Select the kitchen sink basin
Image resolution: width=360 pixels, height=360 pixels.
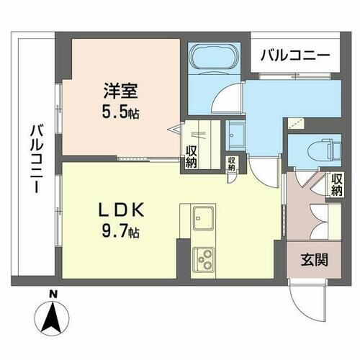tap(204, 216)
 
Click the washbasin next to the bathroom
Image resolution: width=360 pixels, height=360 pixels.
tap(235, 134)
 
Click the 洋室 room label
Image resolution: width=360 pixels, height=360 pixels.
tap(120, 93)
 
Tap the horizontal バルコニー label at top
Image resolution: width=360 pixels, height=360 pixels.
tap(295, 54)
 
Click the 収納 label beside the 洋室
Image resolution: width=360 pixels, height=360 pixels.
tap(192, 155)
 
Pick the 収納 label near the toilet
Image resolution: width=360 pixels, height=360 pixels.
tap(338, 184)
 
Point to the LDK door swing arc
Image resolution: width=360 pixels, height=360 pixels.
tap(263, 171)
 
